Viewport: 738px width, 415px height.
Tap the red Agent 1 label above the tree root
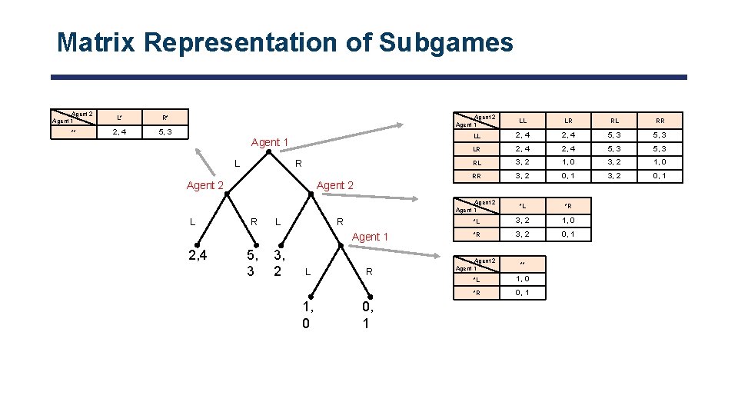(x=270, y=142)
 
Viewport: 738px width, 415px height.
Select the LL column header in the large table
(x=523, y=121)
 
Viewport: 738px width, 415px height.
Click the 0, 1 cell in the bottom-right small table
(x=523, y=293)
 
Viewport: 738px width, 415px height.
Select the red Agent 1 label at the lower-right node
(x=370, y=236)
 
